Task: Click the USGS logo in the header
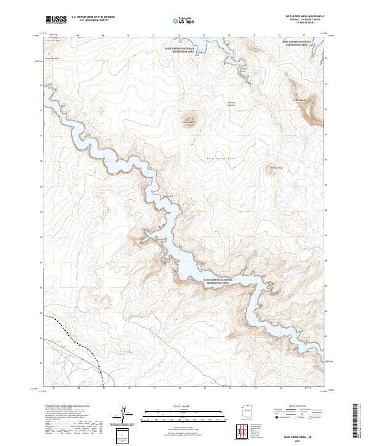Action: point(57,20)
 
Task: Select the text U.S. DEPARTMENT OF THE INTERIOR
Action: point(93,17)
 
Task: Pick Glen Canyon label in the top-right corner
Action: point(296,44)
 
